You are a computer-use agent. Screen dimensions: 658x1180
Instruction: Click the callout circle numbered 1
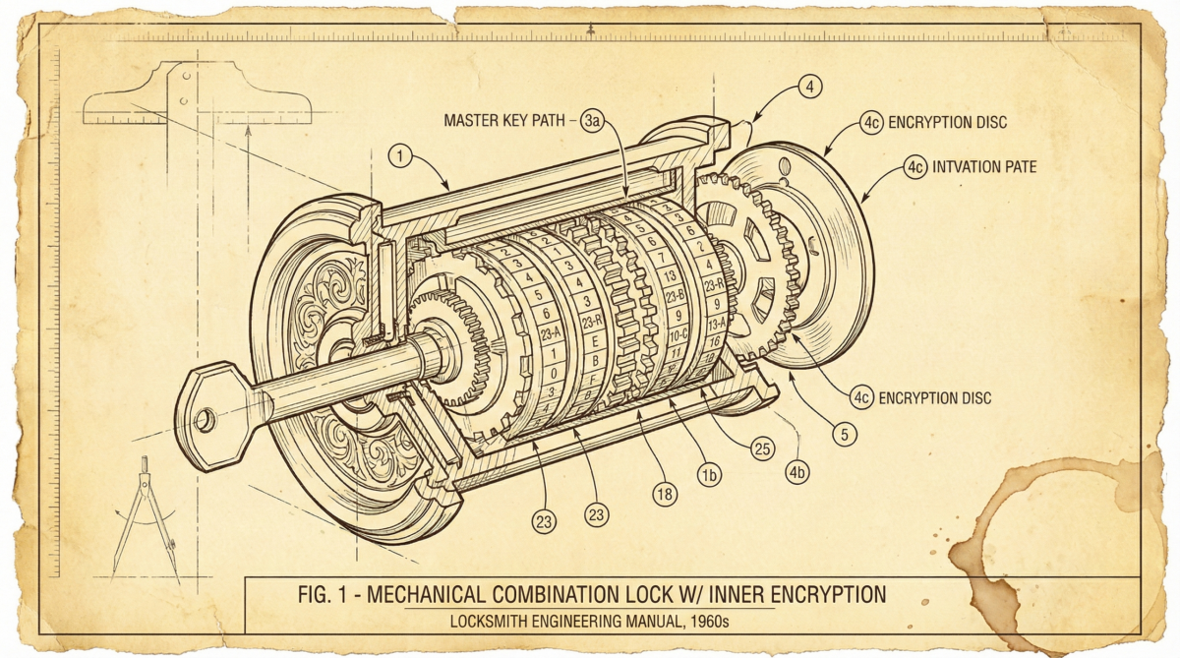[399, 154]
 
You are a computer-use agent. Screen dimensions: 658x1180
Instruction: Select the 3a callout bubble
[592, 121]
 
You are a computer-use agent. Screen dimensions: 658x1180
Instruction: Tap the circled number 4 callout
[808, 87]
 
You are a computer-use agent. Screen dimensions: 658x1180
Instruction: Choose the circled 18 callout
[666, 494]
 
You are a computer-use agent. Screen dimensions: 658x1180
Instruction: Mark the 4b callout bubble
[797, 473]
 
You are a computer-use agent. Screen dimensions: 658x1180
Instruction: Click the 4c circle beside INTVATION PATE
[915, 167]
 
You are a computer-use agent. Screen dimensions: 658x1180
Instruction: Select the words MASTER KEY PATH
[504, 121]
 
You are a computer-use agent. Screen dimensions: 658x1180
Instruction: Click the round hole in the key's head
[205, 420]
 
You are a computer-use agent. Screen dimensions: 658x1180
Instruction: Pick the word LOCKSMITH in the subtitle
[492, 622]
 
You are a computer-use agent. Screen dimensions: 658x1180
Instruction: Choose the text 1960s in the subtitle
[707, 622]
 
